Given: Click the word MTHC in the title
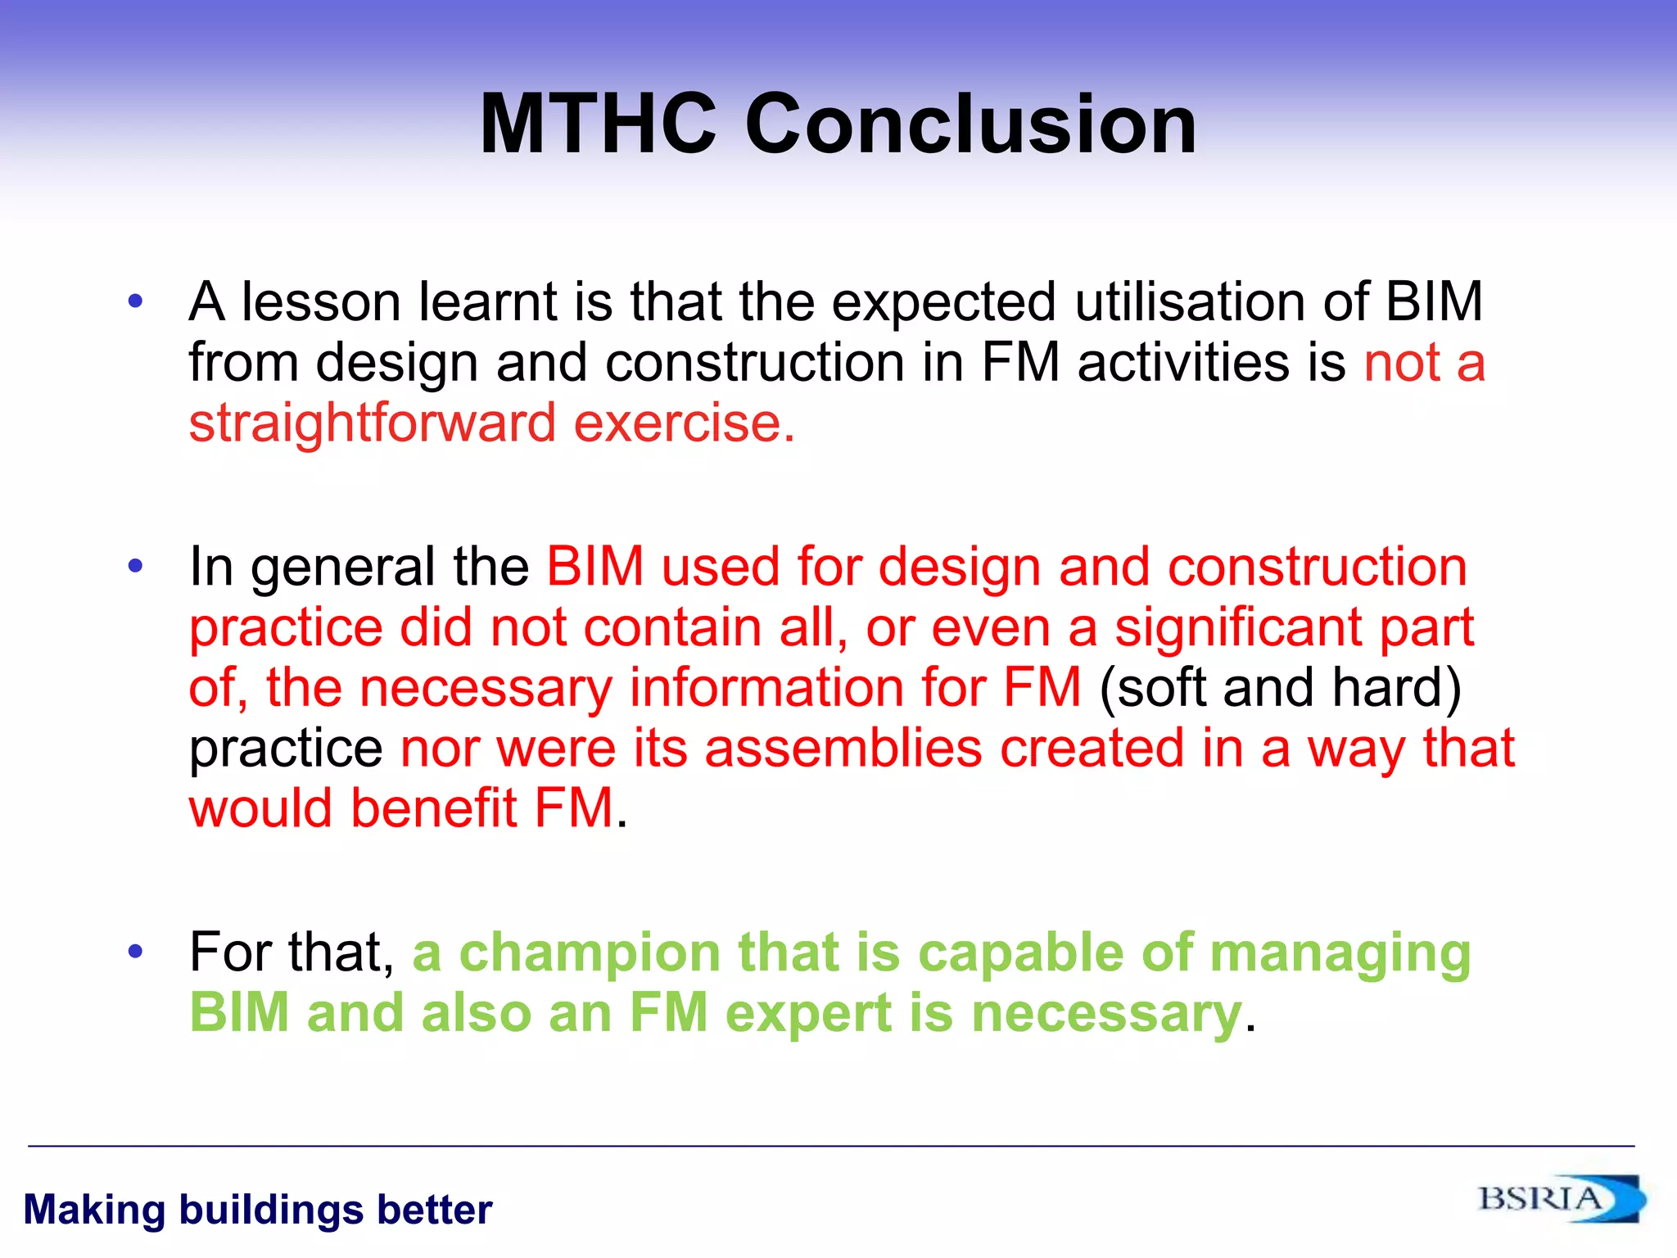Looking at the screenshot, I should tap(598, 124).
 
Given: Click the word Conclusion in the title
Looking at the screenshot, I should tap(971, 124).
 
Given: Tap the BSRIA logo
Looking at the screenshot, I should tap(1560, 1199).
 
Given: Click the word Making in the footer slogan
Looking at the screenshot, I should tap(94, 1210).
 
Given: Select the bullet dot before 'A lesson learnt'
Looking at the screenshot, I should tap(136, 301).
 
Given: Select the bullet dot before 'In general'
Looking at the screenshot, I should tap(136, 566).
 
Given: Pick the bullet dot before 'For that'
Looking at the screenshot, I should tap(136, 952).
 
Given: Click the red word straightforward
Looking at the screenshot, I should tap(373, 423).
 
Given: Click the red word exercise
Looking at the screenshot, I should tap(684, 423).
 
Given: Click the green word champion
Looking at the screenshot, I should tap(590, 954).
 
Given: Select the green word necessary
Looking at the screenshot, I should tap(1106, 1015).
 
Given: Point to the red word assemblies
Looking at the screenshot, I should tap(843, 749).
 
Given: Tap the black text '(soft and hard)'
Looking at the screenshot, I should tap(1280, 688).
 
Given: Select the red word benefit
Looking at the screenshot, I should tap(435, 808).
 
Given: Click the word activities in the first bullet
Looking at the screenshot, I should tap(1211, 363).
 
